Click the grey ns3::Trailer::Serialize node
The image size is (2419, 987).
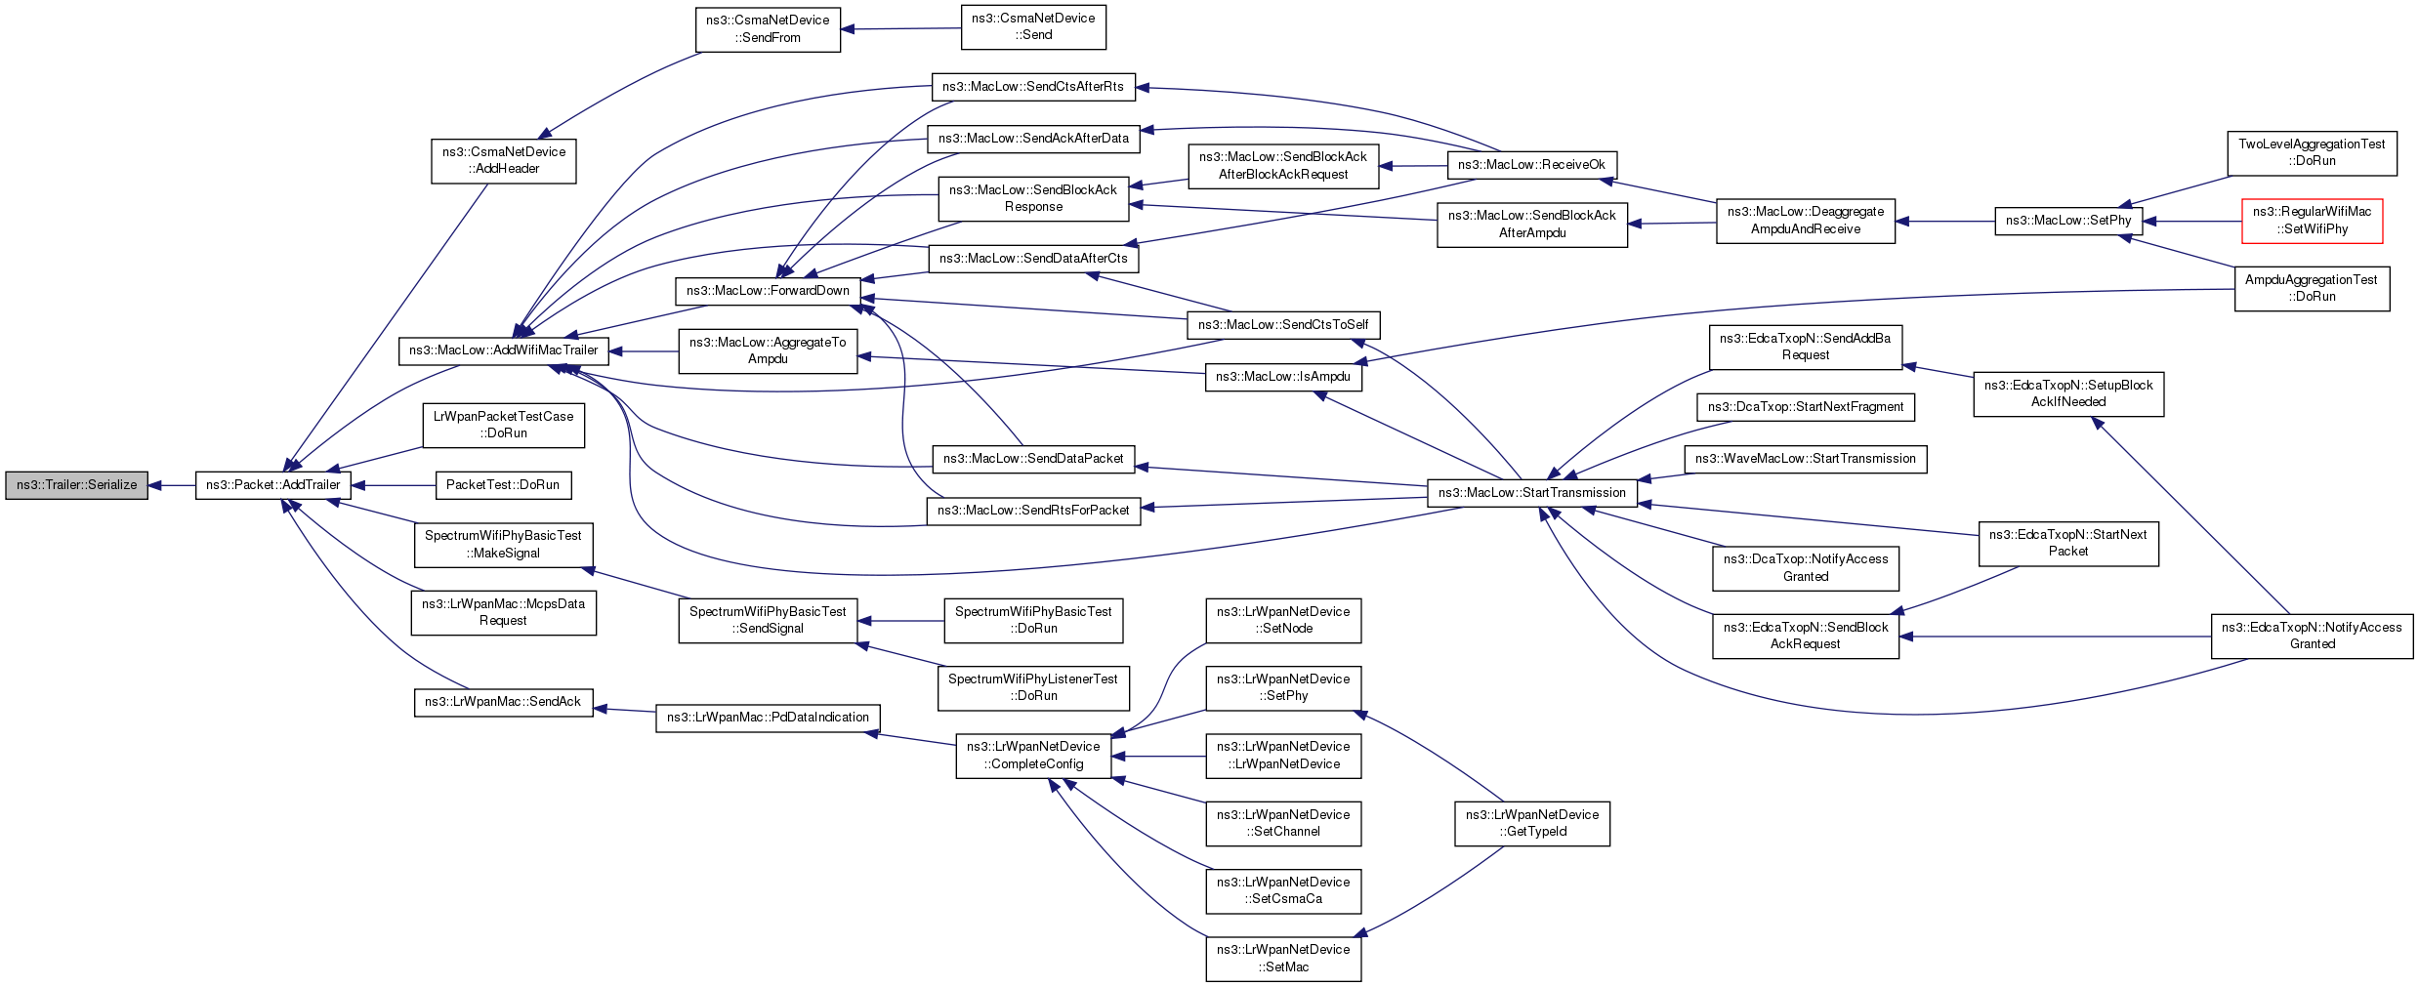coord(77,485)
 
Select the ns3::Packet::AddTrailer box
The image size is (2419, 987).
coord(273,485)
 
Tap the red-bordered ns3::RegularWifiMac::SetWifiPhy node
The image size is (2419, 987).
coord(2312,221)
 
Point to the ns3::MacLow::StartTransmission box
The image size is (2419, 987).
coord(1532,493)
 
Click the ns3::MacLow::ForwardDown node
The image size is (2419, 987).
coord(769,291)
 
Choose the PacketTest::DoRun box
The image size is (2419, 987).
coord(503,485)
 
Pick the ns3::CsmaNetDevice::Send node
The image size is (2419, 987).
coord(1033,26)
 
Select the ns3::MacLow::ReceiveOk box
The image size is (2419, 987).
coord(1531,165)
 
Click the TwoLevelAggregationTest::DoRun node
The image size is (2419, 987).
coord(2312,152)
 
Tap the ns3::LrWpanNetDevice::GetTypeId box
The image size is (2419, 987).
coord(1532,823)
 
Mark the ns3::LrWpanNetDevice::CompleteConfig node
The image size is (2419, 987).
coord(1033,756)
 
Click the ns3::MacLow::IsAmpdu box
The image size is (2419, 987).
coord(1283,377)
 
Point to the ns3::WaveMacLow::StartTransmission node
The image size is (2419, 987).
coord(1806,459)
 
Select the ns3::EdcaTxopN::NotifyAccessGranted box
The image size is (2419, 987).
coord(2312,636)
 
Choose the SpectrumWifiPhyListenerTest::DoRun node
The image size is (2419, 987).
coord(1033,688)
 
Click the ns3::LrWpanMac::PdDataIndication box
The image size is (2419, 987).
coord(768,718)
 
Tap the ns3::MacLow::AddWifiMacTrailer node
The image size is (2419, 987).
coord(504,350)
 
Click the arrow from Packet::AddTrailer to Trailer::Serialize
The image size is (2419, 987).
coord(172,485)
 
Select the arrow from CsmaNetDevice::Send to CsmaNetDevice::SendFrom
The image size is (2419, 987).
coord(900,28)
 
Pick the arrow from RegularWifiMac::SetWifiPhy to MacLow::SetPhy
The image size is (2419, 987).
coord(2192,222)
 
